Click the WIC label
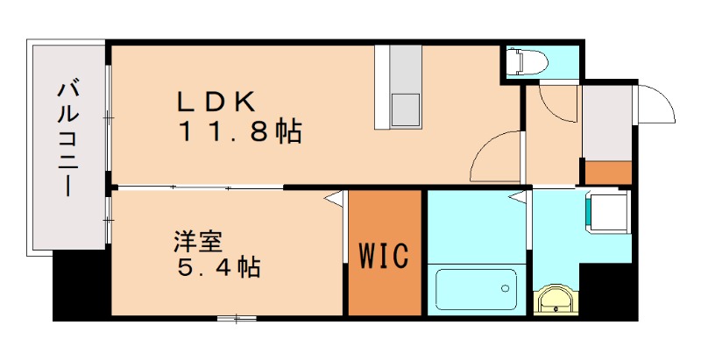385,257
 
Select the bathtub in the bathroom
476,290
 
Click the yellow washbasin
556,300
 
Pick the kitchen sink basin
405,109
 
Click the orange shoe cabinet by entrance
608,173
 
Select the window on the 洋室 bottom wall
231,317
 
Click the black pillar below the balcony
81,285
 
